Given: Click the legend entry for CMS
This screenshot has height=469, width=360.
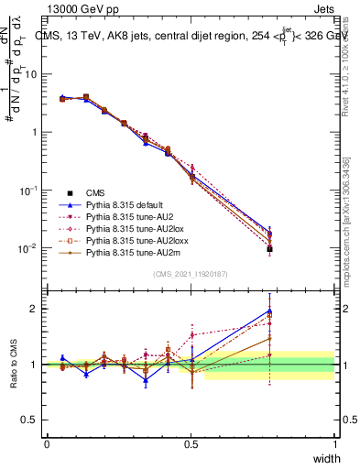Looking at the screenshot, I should [95, 192].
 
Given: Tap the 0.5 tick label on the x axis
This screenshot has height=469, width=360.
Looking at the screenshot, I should [191, 444].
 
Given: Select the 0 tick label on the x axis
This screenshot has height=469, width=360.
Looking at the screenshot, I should [47, 444].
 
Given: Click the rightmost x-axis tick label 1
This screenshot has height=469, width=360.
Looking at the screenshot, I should [334, 444].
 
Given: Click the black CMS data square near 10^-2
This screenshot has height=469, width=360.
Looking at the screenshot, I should [269, 248].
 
